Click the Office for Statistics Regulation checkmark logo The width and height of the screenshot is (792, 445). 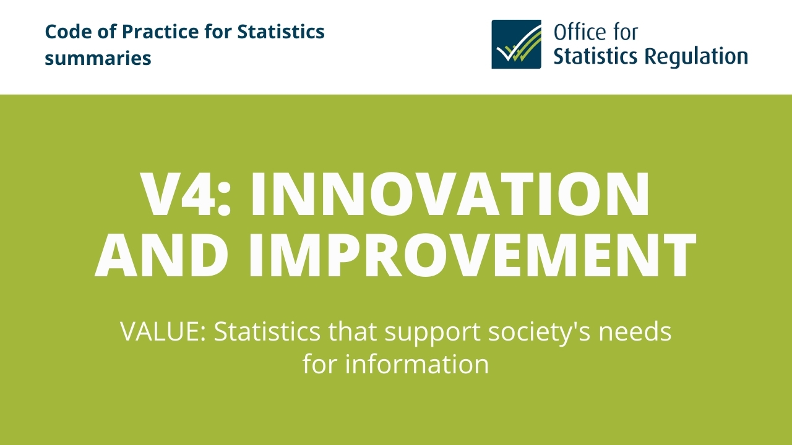516,44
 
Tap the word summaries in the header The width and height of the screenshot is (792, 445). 98,58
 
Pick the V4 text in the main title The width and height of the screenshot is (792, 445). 177,194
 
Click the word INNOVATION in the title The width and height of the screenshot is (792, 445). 450,194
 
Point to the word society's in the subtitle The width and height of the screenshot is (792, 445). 539,333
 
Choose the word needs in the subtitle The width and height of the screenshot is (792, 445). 635,332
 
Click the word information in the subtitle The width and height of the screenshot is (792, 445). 417,364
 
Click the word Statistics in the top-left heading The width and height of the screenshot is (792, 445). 281,32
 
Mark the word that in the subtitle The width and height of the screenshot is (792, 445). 352,332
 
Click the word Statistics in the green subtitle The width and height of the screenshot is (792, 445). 267,332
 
